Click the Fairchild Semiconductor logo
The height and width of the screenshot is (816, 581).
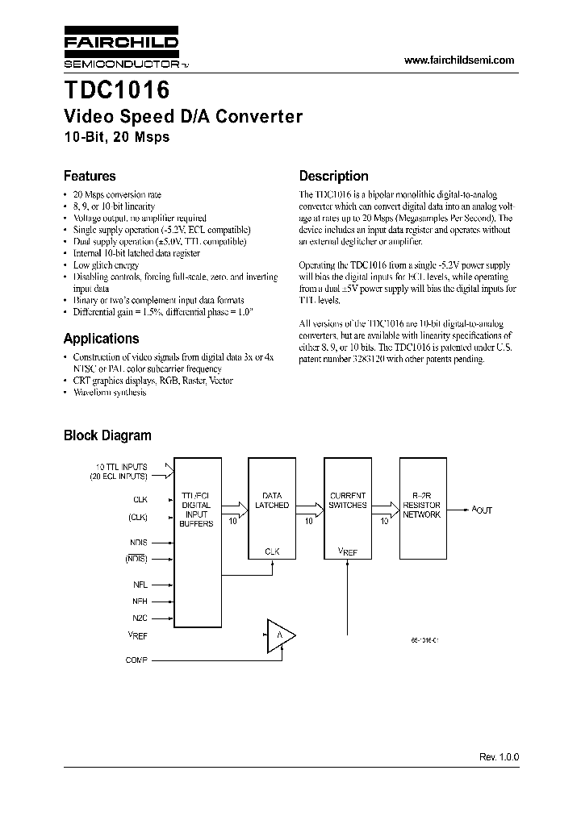click(121, 50)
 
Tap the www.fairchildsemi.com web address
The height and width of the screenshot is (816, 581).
click(458, 60)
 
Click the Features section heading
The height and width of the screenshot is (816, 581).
click(90, 176)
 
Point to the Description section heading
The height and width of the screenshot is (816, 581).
click(333, 176)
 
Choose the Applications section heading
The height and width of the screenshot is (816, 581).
click(101, 339)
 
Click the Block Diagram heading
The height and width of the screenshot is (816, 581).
click(107, 435)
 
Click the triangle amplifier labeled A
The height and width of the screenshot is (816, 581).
click(279, 636)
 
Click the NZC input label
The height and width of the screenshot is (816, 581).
click(140, 618)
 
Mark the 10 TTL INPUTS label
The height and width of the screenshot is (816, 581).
click(122, 467)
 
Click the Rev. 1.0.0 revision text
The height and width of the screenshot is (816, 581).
click(499, 758)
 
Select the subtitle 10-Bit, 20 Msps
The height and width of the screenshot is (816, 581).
click(117, 137)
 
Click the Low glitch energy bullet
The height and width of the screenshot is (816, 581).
click(106, 264)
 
